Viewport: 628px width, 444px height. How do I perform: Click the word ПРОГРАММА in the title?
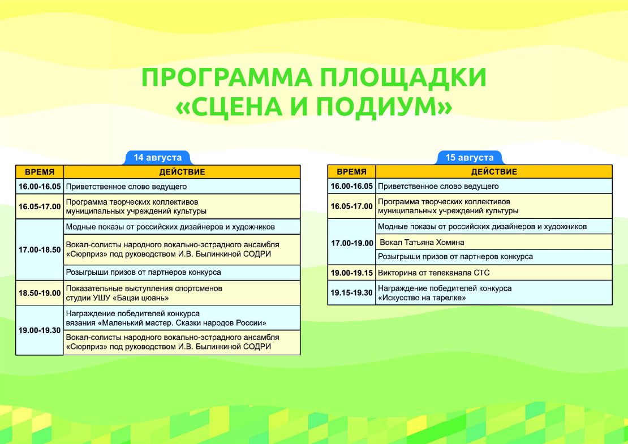click(227, 77)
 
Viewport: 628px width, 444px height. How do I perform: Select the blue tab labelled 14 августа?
click(158, 158)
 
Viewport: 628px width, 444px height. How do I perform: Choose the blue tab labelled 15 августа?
click(470, 158)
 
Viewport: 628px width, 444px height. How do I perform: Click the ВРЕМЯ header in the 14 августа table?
click(40, 172)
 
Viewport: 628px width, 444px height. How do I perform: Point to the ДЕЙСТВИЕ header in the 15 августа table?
click(494, 172)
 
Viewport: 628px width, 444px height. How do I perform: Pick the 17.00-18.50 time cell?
click(40, 250)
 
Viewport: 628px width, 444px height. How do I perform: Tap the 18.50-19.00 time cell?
click(40, 293)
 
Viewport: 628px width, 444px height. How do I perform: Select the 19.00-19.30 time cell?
click(40, 330)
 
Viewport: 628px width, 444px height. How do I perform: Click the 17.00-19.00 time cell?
click(352, 243)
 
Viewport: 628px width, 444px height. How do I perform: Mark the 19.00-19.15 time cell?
click(352, 273)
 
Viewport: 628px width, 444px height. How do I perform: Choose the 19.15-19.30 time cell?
click(352, 292)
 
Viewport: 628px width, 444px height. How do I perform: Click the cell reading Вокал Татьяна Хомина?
click(494, 242)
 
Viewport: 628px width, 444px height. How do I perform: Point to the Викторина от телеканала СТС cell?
click(494, 273)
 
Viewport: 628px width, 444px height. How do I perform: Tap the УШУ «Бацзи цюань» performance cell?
click(182, 293)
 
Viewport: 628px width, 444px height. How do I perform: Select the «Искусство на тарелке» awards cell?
click(494, 292)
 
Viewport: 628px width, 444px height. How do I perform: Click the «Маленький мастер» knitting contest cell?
click(182, 318)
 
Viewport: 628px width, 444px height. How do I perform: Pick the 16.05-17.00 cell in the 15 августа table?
click(352, 206)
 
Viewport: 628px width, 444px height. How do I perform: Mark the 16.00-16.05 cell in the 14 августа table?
click(40, 186)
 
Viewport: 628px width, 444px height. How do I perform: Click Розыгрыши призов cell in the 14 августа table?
click(182, 272)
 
